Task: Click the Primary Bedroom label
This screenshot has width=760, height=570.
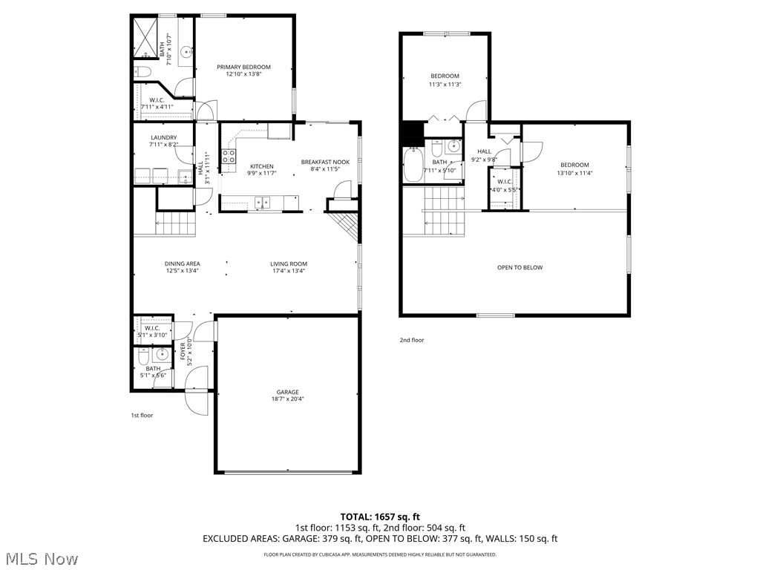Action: (x=243, y=68)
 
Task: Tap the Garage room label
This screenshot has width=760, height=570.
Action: (x=288, y=392)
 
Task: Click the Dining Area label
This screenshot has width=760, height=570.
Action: (x=182, y=263)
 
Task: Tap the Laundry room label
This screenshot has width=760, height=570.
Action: (x=163, y=137)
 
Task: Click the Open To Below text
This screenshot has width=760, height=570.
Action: (x=520, y=267)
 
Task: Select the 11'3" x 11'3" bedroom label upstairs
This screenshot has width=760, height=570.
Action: (x=445, y=76)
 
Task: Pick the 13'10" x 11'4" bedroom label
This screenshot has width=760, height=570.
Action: (x=574, y=165)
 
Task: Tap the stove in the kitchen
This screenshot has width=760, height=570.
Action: (x=229, y=156)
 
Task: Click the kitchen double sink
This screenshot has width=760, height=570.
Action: (x=261, y=201)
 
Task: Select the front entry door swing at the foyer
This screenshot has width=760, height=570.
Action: (x=197, y=392)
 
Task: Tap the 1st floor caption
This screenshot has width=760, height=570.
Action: (x=142, y=416)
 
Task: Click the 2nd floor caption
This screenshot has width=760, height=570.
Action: (x=412, y=340)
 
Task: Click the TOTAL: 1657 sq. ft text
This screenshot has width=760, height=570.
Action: (x=380, y=516)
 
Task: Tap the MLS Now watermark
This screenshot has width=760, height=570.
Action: (x=41, y=558)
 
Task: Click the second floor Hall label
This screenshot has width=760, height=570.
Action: (x=484, y=151)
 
